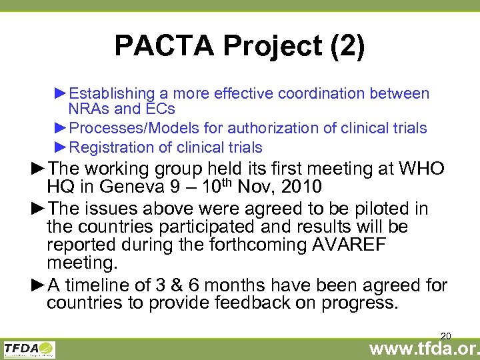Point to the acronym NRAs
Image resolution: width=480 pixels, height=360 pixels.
[x=88, y=109]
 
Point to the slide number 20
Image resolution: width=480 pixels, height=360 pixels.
[x=446, y=335]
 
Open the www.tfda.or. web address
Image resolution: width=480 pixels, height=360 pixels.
[x=424, y=349]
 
